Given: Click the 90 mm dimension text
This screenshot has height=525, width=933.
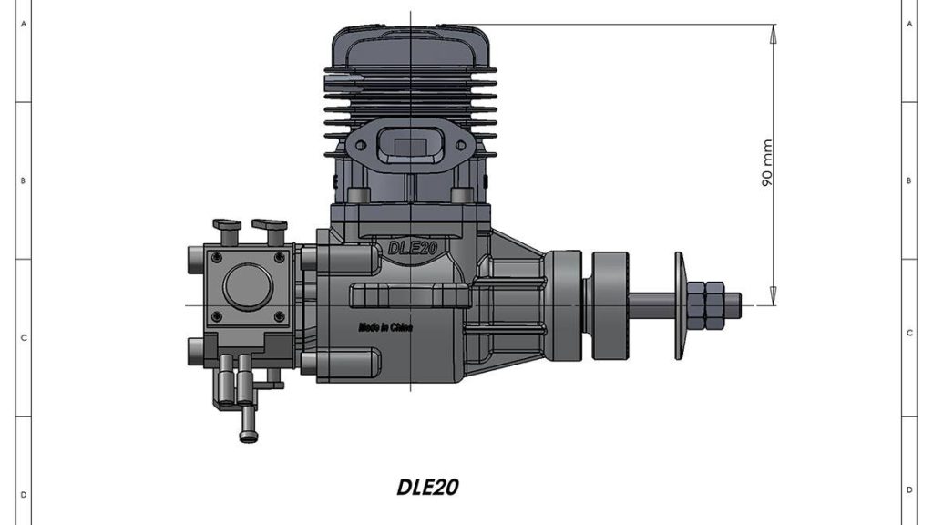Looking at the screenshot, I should (766, 163).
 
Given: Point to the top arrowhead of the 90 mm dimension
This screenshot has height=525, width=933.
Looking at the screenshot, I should (773, 32).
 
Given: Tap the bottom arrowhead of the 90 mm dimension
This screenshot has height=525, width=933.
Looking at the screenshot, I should (773, 297).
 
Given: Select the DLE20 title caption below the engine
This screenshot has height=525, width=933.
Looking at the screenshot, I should (428, 487).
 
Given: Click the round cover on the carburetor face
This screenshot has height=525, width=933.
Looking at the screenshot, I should (247, 285).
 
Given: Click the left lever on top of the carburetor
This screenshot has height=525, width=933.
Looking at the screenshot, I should (226, 224).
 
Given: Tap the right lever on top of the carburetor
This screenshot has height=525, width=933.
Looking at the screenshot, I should (270, 224).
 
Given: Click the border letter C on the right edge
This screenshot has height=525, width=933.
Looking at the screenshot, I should (909, 333).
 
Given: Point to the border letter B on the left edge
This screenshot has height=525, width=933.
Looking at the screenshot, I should (23, 180).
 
